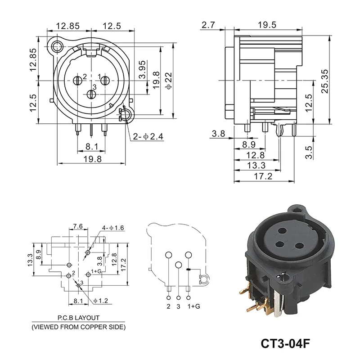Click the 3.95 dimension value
pyautogui.click(x=142, y=70)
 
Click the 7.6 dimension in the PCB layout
pyautogui.click(x=77, y=226)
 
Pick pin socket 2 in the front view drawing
pyautogui.click(x=77, y=81)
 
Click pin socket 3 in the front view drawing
pyautogui.click(x=91, y=94)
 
